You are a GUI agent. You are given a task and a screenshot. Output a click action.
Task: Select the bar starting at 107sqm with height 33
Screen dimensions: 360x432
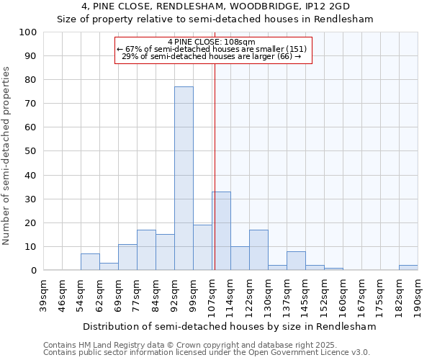pos(221,230)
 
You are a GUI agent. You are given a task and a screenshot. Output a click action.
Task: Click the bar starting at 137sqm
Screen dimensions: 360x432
pos(296,261)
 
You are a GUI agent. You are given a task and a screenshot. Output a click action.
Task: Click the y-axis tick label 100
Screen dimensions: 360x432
pos(28,32)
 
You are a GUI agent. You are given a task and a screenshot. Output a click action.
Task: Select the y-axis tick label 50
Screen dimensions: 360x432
pos(31,151)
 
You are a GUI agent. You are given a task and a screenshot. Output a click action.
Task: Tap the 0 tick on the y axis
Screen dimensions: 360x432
pos(34,271)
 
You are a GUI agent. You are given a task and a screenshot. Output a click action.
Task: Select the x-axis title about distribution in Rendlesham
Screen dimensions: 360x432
pos(230,326)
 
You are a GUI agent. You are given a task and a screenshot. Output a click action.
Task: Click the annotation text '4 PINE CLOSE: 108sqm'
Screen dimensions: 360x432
pos(212,42)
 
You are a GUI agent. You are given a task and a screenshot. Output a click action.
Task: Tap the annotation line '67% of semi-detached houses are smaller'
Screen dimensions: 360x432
pos(212,49)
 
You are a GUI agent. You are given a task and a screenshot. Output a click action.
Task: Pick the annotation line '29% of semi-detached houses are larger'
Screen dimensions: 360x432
pos(212,56)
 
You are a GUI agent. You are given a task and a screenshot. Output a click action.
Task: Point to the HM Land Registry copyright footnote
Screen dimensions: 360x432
pos(190,345)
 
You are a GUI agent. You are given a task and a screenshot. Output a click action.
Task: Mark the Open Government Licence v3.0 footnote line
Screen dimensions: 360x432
pos(207,352)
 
